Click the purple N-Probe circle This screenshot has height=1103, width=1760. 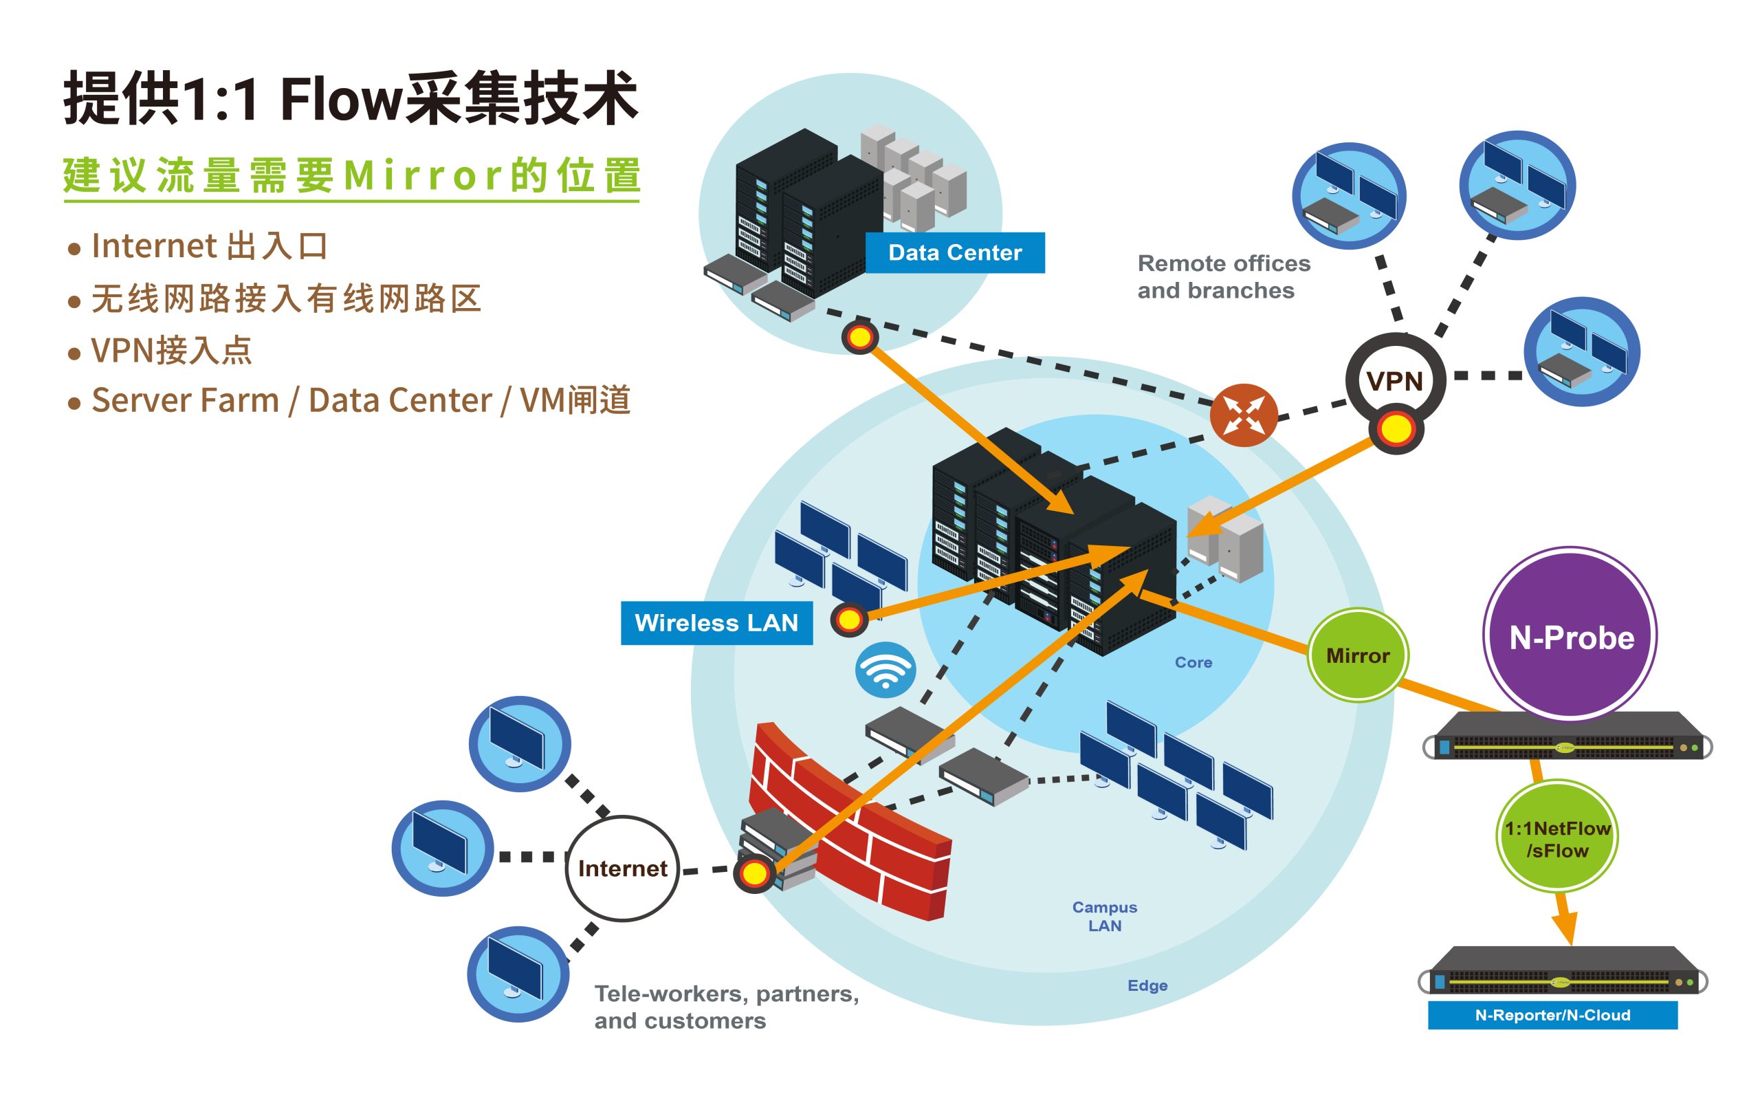1570,635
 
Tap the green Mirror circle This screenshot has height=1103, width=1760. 1357,655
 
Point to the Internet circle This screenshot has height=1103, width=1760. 622,868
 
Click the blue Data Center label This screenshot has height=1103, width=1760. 955,252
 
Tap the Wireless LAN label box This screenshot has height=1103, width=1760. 716,622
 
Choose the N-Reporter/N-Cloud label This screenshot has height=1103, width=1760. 1552,1015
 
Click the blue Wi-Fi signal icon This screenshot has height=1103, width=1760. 885,670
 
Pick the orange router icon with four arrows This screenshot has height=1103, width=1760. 1244,415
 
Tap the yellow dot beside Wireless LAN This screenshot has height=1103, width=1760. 849,620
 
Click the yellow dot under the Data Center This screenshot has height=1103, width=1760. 860,337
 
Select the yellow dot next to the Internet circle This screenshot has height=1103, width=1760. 754,873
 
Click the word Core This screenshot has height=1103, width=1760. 1193,662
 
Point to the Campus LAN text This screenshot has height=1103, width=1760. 1104,916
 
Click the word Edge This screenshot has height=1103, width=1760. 1147,985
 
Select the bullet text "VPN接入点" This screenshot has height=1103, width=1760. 171,350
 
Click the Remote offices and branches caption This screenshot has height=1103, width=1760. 1223,276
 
